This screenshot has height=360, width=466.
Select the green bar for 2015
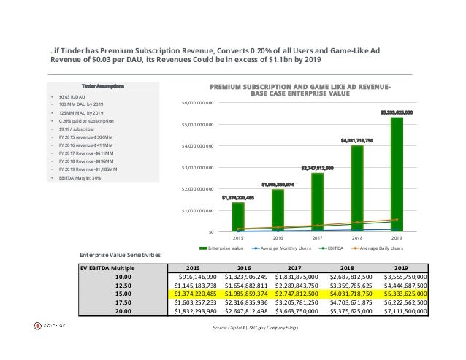(x=238, y=218)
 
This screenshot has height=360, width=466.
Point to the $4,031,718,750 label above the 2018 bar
(x=356, y=139)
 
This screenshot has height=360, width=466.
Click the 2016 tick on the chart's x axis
(x=278, y=237)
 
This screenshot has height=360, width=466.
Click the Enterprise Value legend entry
(x=229, y=249)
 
